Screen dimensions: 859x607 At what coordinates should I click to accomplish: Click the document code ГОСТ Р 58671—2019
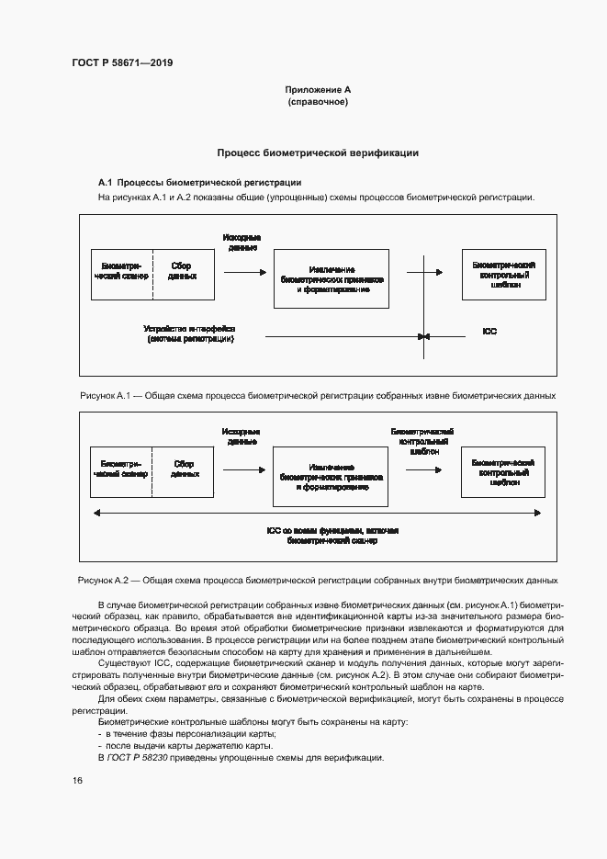coord(122,63)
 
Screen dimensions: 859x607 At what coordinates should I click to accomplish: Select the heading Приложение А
coord(318,90)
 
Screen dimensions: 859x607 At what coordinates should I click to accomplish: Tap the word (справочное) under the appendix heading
coord(318,103)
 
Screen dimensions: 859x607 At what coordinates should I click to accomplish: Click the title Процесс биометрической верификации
coord(318,153)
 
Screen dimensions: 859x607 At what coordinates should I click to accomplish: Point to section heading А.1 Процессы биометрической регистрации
coord(200,183)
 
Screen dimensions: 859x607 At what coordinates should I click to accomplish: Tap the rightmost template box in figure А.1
coord(503,275)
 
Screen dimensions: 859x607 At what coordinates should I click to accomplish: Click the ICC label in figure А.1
coord(489,331)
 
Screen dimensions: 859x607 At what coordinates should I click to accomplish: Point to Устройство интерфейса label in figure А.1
coord(190,333)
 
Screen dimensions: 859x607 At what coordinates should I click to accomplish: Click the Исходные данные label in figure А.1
coord(241,243)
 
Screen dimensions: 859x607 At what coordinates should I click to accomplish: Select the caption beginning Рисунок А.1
coord(318,395)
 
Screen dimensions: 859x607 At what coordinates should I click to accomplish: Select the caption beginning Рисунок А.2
coord(318,581)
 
